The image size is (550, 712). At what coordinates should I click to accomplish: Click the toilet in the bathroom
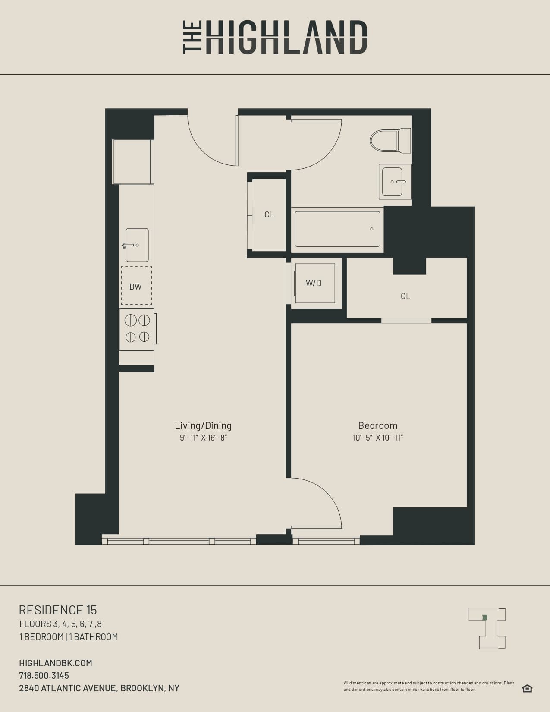390,140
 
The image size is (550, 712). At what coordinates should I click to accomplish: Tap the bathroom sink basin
393,182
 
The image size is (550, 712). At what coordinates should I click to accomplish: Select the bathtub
337,229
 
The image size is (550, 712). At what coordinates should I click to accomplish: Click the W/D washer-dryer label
314,283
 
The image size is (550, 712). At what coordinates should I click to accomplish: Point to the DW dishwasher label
135,287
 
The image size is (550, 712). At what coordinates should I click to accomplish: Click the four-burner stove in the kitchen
137,329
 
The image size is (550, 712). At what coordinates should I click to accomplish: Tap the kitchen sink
137,245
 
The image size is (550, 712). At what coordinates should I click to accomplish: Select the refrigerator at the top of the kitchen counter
132,162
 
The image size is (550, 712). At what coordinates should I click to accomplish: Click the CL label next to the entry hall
269,214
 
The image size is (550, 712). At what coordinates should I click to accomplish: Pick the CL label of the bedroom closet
405,296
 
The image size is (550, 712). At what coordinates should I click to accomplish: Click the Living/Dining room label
203,425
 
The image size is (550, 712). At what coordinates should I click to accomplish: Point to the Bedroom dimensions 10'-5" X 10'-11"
378,438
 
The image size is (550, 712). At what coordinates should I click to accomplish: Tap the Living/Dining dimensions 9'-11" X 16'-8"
203,438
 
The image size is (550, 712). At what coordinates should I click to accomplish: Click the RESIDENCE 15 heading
58,610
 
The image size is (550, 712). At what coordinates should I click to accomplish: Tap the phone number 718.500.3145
44,675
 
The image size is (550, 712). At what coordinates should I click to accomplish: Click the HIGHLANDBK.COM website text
56,663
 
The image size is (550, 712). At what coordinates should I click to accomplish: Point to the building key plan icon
487,628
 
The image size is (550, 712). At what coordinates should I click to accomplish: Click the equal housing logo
527,688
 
